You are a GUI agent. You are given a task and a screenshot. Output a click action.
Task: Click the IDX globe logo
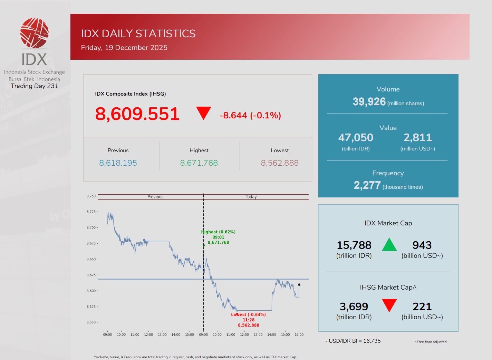(x=34, y=33)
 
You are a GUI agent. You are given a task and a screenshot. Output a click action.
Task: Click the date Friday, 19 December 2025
(x=124, y=48)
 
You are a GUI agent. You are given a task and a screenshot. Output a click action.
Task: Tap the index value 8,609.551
(x=137, y=114)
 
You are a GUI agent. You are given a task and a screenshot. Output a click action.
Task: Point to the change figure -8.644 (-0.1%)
(x=250, y=115)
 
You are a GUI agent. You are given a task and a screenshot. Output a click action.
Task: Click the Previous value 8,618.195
(x=118, y=163)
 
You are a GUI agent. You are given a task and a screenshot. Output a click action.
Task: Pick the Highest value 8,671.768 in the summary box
(x=199, y=163)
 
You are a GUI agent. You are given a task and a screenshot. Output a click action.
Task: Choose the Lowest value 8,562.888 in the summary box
(x=280, y=163)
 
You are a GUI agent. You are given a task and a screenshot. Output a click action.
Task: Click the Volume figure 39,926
(x=369, y=102)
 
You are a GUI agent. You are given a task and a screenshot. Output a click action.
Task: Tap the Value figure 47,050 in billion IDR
(x=356, y=138)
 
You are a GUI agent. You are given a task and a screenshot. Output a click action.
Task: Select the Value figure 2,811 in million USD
(x=417, y=138)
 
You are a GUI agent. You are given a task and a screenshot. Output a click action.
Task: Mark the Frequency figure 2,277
(x=367, y=185)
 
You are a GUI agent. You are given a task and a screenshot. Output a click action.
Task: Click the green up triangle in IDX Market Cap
(x=389, y=245)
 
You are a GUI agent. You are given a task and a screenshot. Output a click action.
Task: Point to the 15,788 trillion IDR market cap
(x=354, y=245)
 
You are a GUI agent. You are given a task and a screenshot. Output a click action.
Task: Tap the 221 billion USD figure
(x=422, y=307)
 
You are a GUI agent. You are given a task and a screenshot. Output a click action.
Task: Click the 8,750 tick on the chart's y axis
(x=91, y=196)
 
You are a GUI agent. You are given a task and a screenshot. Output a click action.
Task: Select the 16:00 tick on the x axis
(x=299, y=335)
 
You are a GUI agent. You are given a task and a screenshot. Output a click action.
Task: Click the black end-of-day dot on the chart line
(x=299, y=285)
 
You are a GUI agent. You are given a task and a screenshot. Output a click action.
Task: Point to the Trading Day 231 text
(x=35, y=86)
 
